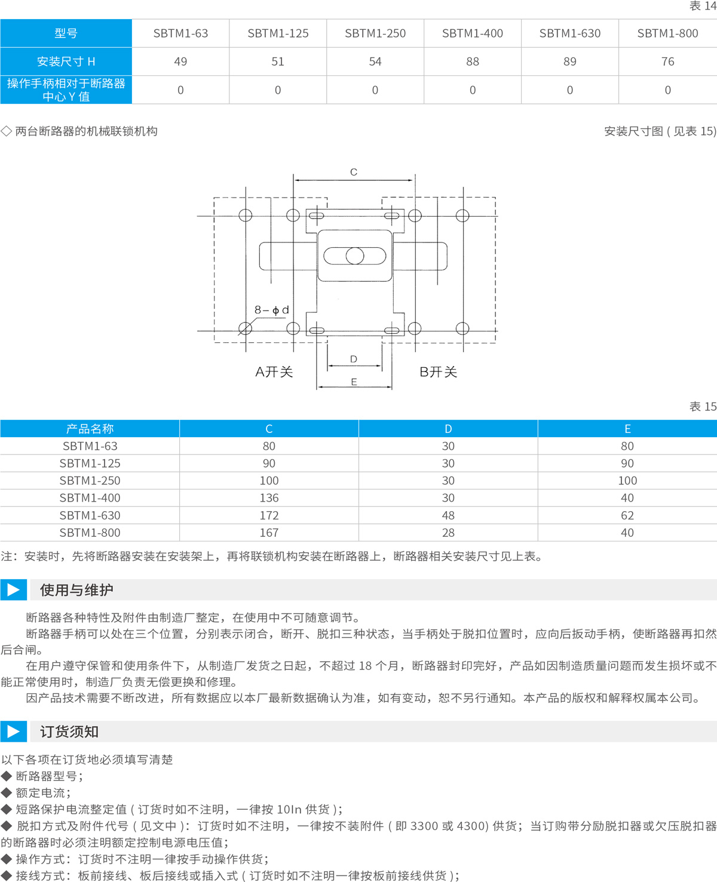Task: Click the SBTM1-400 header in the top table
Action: [x=472, y=33]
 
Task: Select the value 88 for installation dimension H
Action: [x=472, y=62]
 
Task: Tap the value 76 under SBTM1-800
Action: [x=668, y=62]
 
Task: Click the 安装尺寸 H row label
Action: [x=66, y=62]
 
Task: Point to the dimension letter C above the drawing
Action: [x=353, y=172]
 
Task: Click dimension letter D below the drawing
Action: [x=353, y=359]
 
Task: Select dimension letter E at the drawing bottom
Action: [x=354, y=382]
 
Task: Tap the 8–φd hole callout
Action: [x=272, y=310]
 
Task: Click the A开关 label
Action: [x=274, y=371]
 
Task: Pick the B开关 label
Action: [x=438, y=371]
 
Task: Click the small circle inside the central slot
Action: [x=354, y=256]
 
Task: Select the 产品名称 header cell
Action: [x=90, y=429]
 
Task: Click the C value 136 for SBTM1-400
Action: [x=269, y=497]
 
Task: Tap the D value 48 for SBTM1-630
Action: [x=448, y=515]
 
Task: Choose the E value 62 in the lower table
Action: [x=627, y=515]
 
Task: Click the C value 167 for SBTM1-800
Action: [x=269, y=533]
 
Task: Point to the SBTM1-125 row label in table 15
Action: [x=90, y=463]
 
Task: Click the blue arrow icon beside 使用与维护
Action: [x=13, y=589]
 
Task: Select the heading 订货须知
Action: [x=69, y=732]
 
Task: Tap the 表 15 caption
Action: [x=703, y=406]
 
